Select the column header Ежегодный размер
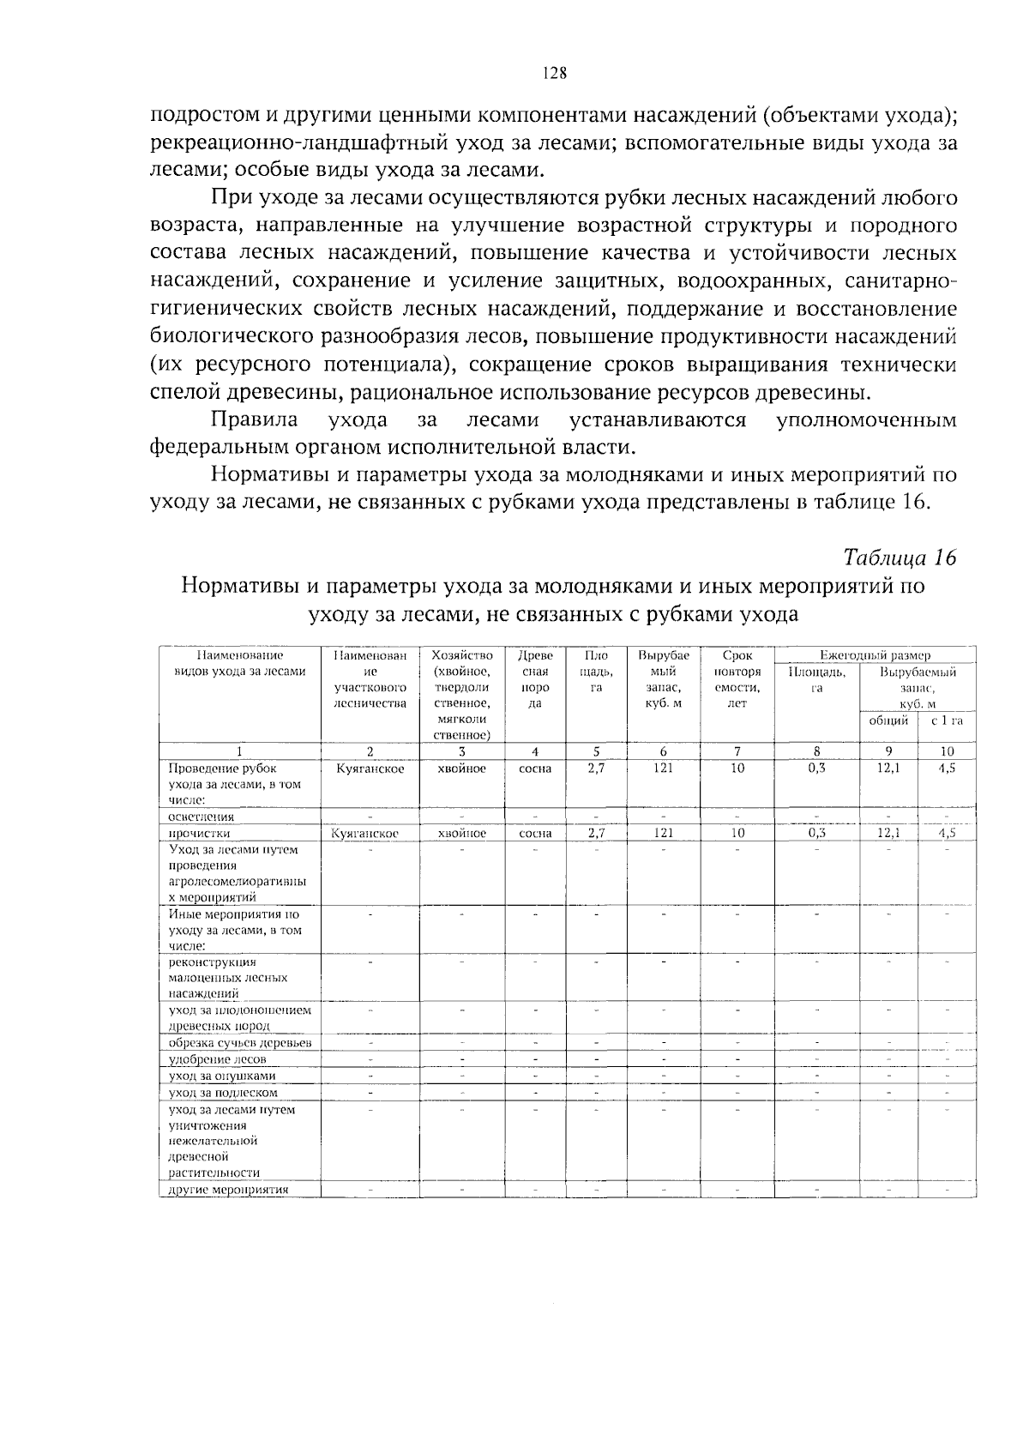[x=875, y=655]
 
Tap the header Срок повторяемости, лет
[x=737, y=679]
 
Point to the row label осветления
[x=190, y=817]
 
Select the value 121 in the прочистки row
[x=663, y=833]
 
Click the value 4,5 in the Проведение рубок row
[x=947, y=769]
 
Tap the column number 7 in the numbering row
[x=737, y=751]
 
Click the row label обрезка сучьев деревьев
[x=239, y=1043]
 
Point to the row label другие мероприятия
[x=228, y=1190]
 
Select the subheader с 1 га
[x=947, y=720]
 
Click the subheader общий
[x=888, y=720]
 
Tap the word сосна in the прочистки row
[x=535, y=833]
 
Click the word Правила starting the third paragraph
[x=255, y=420]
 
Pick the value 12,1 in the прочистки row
[x=888, y=833]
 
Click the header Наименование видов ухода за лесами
[x=240, y=663]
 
